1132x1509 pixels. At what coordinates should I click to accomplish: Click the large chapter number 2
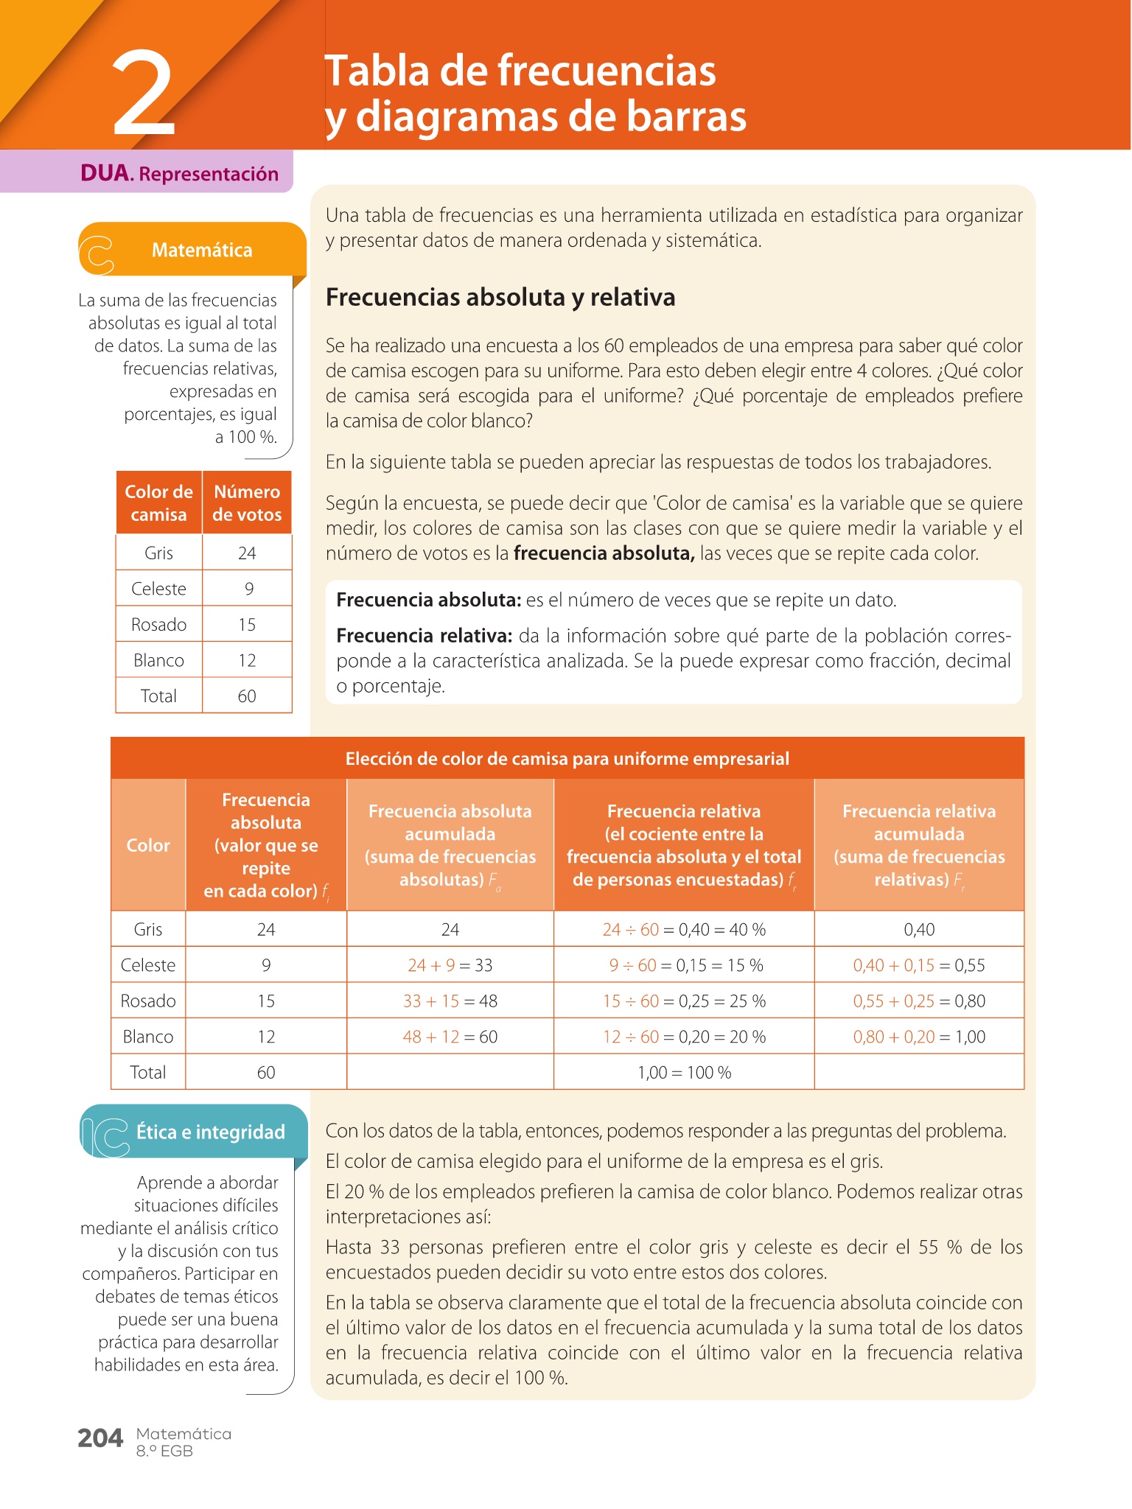coord(144,94)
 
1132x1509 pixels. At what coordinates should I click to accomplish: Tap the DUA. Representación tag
coord(179,174)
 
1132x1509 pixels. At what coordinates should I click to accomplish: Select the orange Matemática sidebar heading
coord(201,251)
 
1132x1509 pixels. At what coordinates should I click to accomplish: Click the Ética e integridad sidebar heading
coord(210,1132)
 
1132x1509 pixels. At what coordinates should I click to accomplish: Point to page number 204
coord(100,1438)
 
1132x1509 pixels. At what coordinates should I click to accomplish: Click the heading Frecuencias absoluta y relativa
coord(500,297)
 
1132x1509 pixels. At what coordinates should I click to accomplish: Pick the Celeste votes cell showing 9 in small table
coord(248,589)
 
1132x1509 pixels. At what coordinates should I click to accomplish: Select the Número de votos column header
coord(247,503)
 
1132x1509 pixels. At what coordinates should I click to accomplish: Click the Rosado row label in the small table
coord(158,625)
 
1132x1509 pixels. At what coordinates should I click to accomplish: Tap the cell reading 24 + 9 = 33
coord(450,965)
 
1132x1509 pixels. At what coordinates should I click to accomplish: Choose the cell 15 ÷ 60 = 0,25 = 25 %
coord(684,1001)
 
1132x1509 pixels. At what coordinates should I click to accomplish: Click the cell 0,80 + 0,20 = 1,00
coord(919,1037)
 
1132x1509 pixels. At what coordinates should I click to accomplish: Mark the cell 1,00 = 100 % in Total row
coord(684,1072)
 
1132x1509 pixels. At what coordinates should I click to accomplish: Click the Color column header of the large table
coord(148,845)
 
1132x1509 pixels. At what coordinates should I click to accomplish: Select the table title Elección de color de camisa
coord(567,759)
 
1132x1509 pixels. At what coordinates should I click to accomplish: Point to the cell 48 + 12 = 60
coord(450,1037)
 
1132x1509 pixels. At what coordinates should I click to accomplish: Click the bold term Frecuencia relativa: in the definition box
coord(424,636)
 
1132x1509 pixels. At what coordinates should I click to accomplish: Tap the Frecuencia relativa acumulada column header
coord(919,845)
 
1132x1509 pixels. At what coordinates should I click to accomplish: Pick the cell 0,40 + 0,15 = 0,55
coord(919,965)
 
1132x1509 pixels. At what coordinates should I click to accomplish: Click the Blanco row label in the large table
coord(148,1037)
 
